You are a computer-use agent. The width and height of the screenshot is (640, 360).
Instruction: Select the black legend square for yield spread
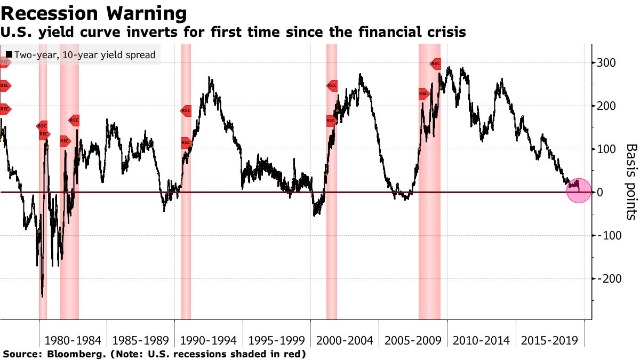(x=10, y=54)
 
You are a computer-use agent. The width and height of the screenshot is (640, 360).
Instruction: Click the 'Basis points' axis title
(x=630, y=181)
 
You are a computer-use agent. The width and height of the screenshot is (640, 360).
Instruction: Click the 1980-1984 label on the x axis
(x=73, y=340)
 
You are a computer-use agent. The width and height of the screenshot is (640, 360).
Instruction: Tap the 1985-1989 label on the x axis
(x=141, y=340)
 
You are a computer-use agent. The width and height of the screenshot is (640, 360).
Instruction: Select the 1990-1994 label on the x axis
(x=209, y=340)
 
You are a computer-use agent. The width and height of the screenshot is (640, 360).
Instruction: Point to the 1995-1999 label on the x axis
(x=277, y=340)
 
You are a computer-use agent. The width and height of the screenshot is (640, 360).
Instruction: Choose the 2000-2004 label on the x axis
(x=345, y=340)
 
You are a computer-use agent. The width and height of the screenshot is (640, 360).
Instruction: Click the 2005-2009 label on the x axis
(x=413, y=340)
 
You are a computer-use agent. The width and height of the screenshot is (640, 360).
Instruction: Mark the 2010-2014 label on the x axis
(x=481, y=340)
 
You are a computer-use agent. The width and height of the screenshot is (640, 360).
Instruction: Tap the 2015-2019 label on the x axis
(x=549, y=340)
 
